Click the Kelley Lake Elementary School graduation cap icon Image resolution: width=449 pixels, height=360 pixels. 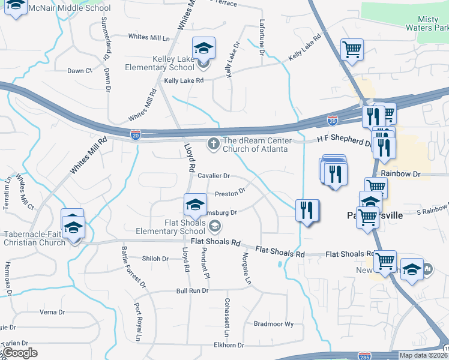pos(203,49)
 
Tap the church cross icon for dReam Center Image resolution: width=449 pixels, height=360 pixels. pos(213,143)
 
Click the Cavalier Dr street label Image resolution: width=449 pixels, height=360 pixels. pos(214,176)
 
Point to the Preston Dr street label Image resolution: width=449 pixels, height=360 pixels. pos(231,193)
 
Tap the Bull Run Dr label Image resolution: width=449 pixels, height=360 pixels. pos(192,290)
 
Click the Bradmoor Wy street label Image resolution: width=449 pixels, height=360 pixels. pos(273,323)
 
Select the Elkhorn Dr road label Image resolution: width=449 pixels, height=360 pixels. pos(229,345)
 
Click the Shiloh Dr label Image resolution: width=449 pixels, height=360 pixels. pos(155,259)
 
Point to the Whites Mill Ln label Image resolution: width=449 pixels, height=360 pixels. pos(149,37)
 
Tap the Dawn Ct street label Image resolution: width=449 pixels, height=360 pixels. pos(79,71)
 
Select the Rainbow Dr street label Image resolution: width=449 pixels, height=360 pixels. pos(400,173)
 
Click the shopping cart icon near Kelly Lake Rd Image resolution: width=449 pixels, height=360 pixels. pos(351,50)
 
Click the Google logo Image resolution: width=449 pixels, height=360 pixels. pos(20,353)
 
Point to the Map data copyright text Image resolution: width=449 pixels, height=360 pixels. pos(424,355)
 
